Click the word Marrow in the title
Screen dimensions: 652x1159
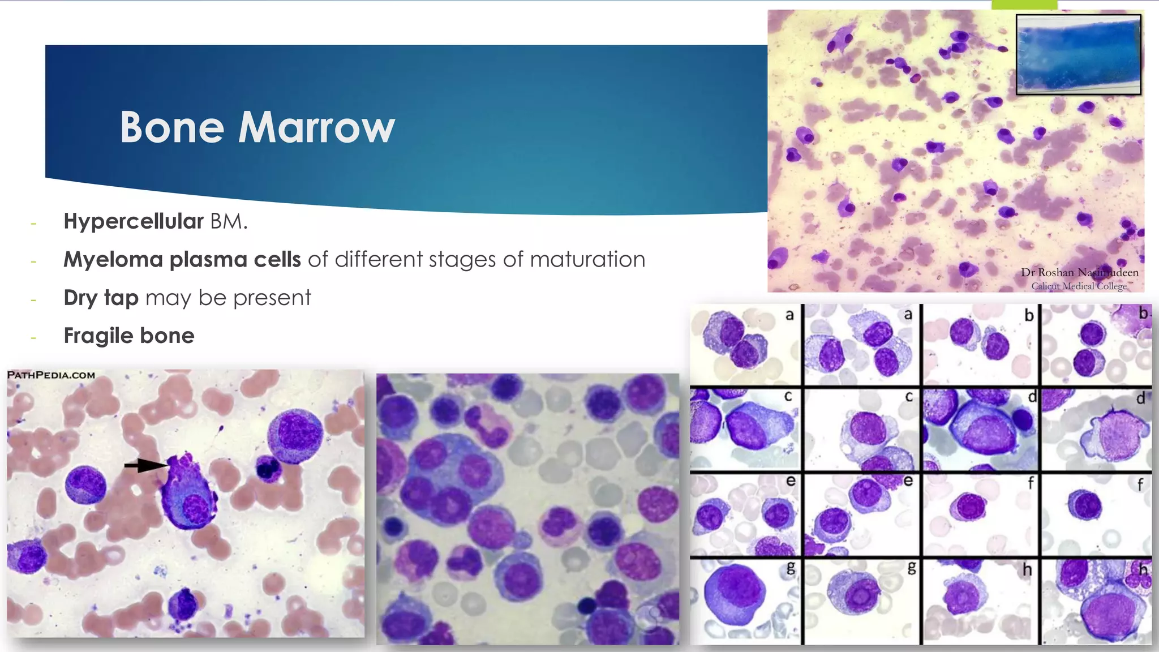(x=316, y=127)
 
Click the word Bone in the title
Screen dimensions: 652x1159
(x=172, y=127)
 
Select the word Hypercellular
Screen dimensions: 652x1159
(x=133, y=221)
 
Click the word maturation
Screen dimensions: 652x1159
(x=587, y=259)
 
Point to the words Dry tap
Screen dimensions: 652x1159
(x=101, y=298)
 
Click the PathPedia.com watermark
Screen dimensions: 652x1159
(x=51, y=375)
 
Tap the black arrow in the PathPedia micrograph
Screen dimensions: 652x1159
(x=145, y=465)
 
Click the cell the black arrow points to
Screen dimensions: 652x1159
(x=188, y=495)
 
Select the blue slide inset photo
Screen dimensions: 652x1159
(x=1078, y=54)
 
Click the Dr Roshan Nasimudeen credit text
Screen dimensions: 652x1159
(x=1079, y=272)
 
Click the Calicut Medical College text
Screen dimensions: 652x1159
(x=1079, y=286)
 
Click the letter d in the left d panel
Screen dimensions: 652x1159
(x=1032, y=397)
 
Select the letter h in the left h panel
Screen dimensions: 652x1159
(x=1027, y=569)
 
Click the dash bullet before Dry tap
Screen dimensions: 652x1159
(x=34, y=299)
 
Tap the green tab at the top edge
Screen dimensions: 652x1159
(x=1024, y=5)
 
